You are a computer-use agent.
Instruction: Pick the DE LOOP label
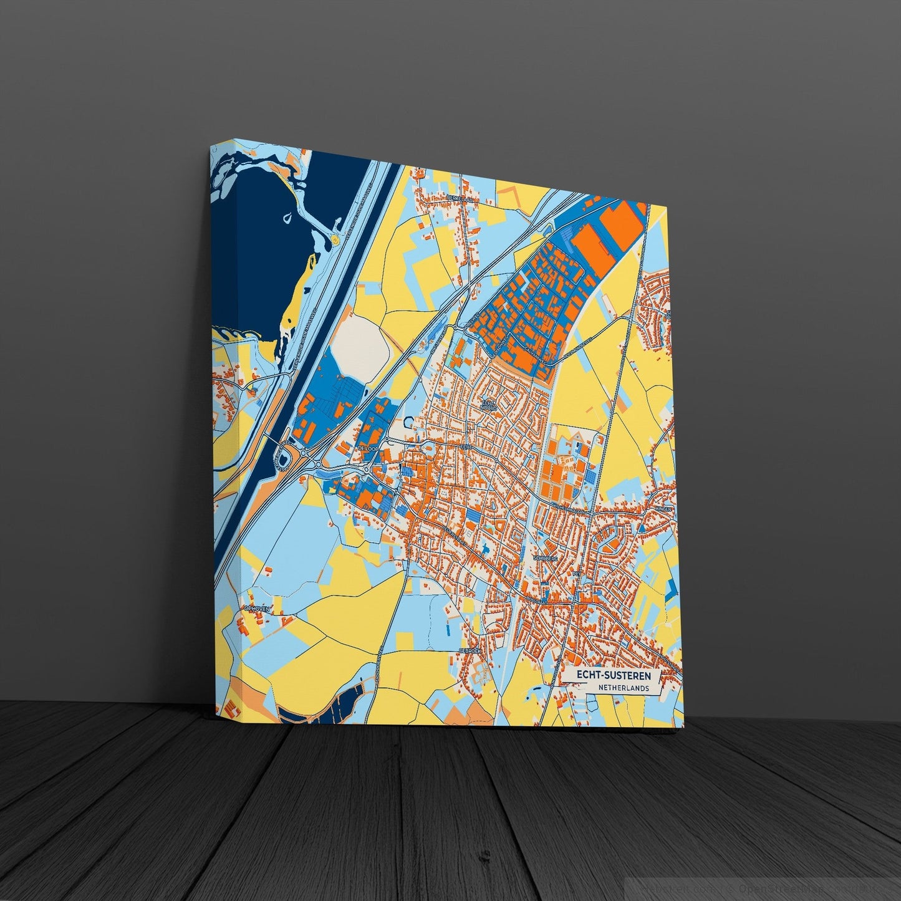tap(368, 448)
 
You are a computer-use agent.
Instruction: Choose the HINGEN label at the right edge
tap(663, 509)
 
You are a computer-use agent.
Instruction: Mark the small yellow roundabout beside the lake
tap(336, 239)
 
